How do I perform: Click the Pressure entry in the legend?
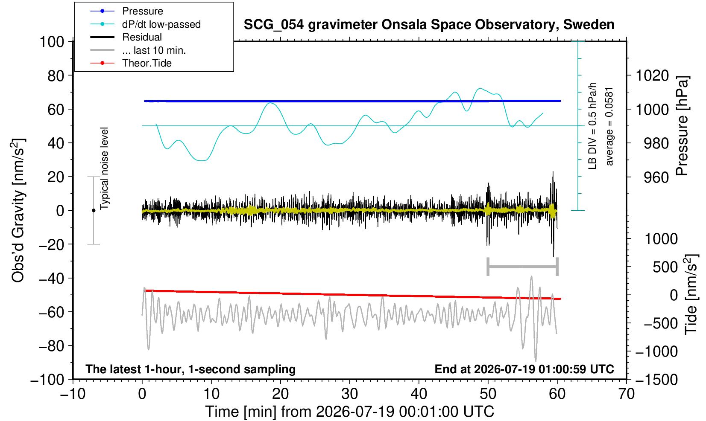(143, 11)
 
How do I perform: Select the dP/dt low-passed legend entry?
(161, 24)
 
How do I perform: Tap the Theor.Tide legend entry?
(147, 63)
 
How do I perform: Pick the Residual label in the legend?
(142, 37)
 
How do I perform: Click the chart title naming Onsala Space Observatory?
(429, 25)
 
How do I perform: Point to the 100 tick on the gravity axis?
(52, 42)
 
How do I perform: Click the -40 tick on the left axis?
(52, 279)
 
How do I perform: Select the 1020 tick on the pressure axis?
(652, 75)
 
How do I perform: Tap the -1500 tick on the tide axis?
(656, 380)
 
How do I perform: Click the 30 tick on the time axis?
(349, 394)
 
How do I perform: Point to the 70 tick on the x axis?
(626, 394)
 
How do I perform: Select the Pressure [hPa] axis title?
(683, 126)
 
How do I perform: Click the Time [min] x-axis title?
(349, 412)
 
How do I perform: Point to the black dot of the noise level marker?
(94, 210)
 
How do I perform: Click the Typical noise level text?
(104, 169)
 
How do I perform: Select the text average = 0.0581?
(609, 127)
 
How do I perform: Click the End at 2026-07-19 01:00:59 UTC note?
(524, 369)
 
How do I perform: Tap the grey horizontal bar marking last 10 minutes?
(523, 267)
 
